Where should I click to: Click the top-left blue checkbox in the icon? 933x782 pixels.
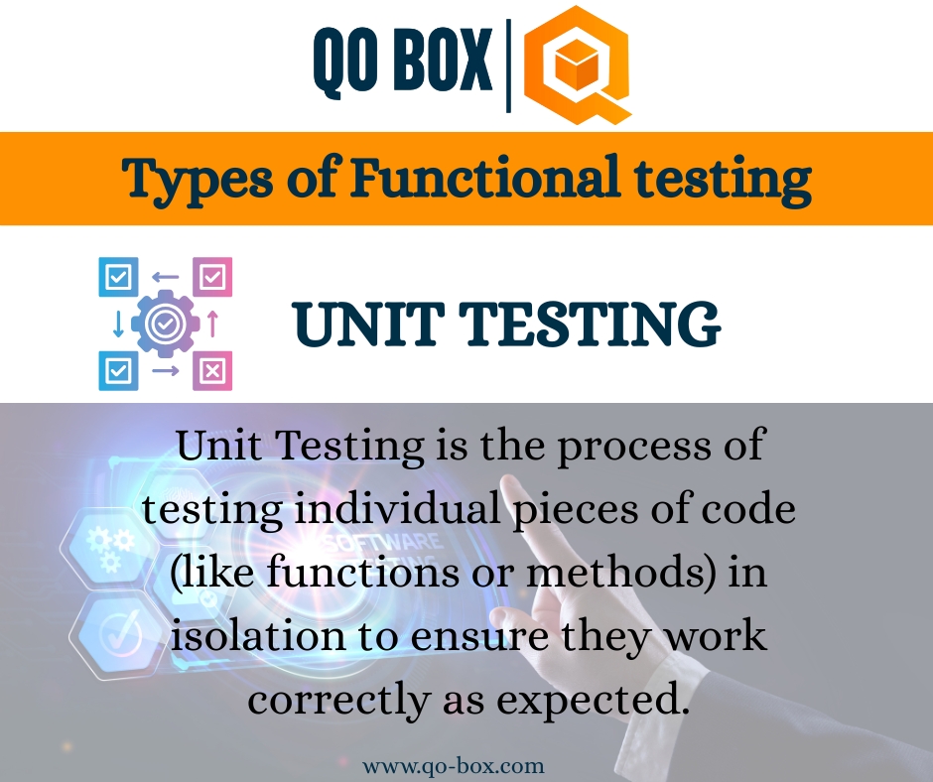118,277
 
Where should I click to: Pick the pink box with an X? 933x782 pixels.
211,370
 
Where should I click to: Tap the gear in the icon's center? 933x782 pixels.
165,324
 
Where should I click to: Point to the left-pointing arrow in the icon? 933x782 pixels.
166,278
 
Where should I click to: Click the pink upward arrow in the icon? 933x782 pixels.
211,325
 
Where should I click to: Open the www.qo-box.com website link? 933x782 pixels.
453,766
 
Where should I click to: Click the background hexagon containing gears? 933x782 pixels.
102,545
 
